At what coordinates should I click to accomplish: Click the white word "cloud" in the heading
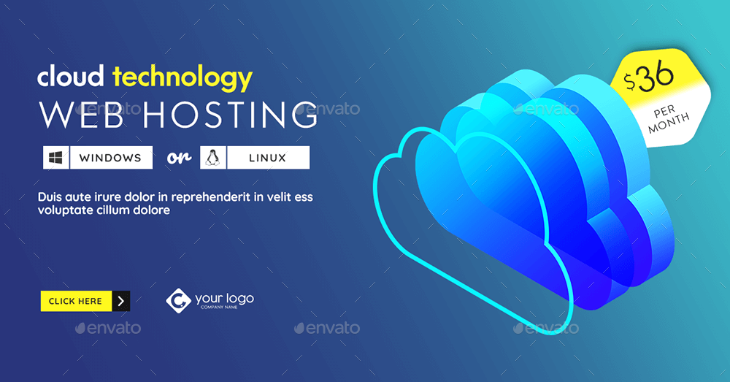70,77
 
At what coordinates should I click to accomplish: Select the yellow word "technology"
182,79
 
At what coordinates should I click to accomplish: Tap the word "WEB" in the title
81,115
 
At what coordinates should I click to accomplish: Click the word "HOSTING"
231,115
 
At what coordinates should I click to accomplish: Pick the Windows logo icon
56,158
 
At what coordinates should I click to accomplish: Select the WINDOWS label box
111,158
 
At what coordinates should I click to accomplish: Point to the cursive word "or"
180,158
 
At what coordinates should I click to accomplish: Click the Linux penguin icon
212,158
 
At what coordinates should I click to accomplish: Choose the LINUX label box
268,158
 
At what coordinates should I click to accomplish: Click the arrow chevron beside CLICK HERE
121,301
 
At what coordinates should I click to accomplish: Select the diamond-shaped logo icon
178,300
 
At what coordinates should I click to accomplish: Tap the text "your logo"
224,298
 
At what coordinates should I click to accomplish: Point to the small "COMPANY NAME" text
219,307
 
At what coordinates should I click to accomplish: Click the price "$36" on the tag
649,77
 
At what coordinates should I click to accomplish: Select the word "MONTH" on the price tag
669,123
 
